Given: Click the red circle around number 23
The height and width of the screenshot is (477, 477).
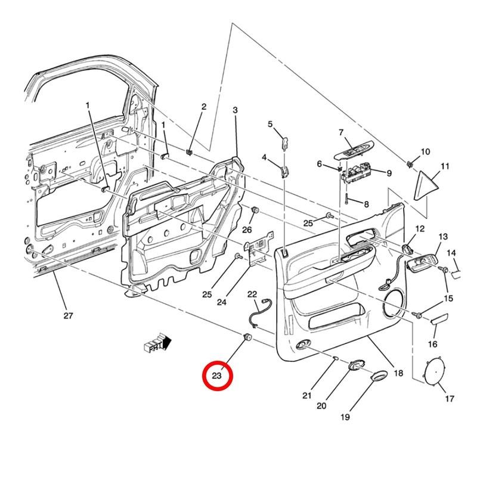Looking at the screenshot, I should coord(216,376).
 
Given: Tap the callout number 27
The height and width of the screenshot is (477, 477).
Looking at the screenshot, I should coord(67,315).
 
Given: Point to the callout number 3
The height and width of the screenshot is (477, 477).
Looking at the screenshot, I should coord(235,110).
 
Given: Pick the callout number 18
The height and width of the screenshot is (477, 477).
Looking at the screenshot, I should coord(398,373).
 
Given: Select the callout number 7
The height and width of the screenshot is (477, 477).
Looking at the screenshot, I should coord(342,132).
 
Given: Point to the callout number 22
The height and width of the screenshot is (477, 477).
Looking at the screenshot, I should coord(252,294).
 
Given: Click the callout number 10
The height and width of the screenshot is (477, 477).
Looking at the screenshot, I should coord(425,152).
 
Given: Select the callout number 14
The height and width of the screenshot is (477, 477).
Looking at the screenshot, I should coord(451,253).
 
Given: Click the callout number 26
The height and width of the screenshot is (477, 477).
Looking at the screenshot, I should coord(247,230).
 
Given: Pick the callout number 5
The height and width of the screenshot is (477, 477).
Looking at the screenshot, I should coord(270,124).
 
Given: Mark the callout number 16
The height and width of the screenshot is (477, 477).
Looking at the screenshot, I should coord(433,344).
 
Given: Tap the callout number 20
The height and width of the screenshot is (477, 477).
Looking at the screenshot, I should coord(321,405).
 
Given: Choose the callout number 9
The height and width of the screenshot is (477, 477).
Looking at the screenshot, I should coord(388,173).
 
